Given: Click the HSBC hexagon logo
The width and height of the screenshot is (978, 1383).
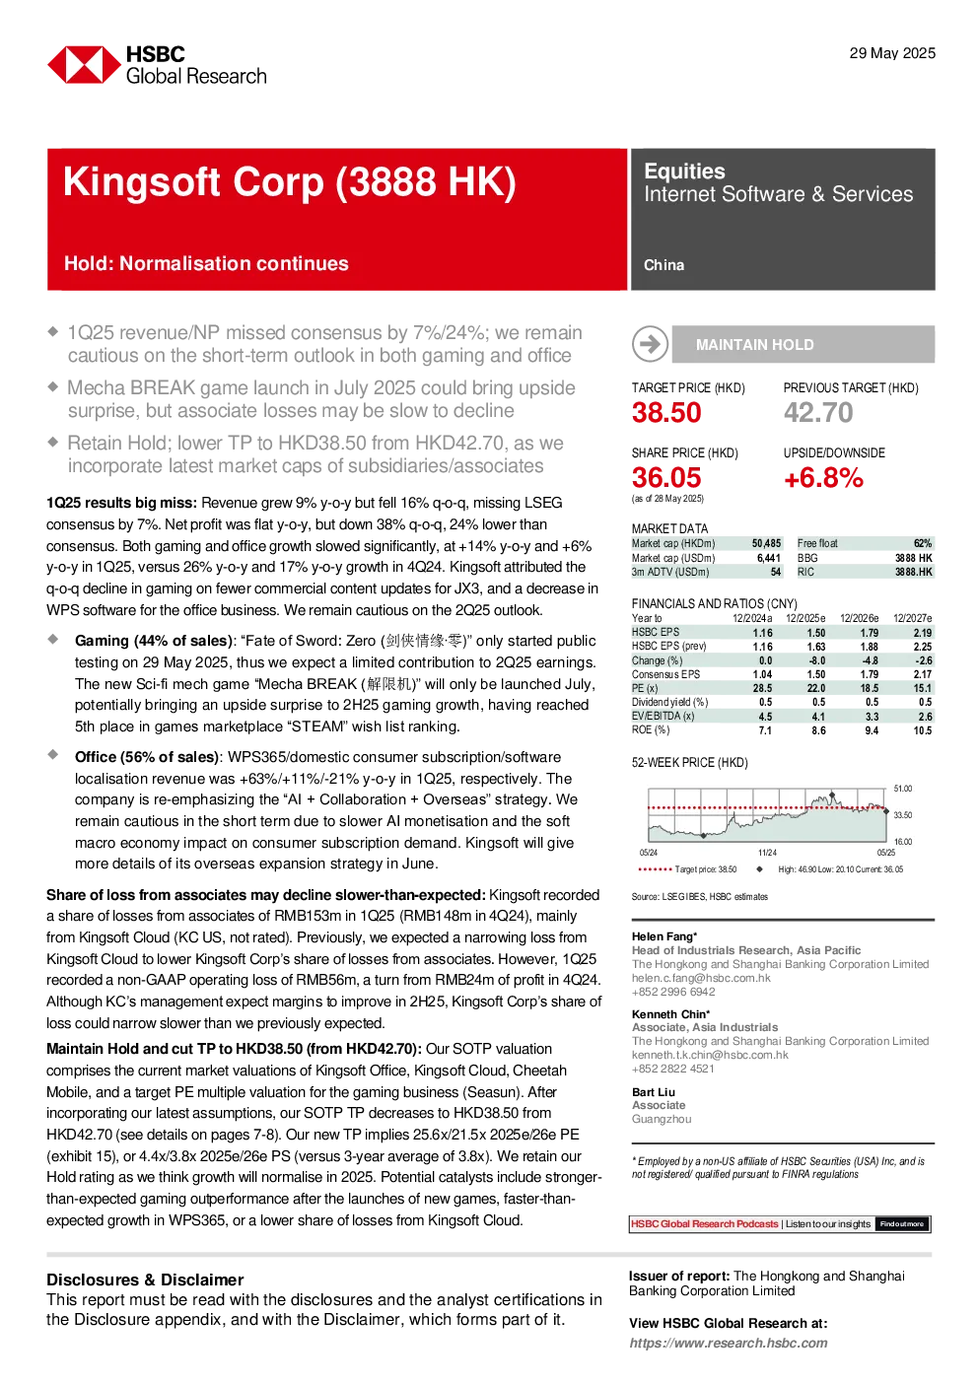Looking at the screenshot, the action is pyautogui.click(x=84, y=64).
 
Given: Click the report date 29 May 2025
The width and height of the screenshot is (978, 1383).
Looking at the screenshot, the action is pyautogui.click(x=892, y=53).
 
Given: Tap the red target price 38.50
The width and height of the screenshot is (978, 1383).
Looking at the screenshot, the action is pyautogui.click(x=666, y=412).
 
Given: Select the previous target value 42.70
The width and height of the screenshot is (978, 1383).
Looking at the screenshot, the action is pyautogui.click(x=818, y=412).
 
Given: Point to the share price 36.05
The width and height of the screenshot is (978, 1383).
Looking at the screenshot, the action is pyautogui.click(x=666, y=477).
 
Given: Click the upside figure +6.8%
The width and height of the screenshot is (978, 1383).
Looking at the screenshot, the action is pyautogui.click(x=823, y=477).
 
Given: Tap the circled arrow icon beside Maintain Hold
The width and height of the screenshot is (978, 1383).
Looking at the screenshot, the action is pyautogui.click(x=650, y=344).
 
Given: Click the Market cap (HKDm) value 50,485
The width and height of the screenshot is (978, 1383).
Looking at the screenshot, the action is pyautogui.click(x=766, y=543).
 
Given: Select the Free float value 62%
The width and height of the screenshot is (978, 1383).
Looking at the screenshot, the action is pyautogui.click(x=923, y=543).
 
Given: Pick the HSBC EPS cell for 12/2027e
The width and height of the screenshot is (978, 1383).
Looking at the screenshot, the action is pyautogui.click(x=923, y=633).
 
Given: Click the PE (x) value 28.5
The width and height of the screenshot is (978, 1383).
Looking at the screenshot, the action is pyautogui.click(x=762, y=688).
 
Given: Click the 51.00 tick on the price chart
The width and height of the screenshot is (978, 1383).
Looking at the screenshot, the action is pyautogui.click(x=903, y=789).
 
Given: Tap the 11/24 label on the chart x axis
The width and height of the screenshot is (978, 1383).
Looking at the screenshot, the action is pyautogui.click(x=767, y=853).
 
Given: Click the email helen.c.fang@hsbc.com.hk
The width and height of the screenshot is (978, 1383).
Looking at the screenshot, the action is pyautogui.click(x=701, y=978).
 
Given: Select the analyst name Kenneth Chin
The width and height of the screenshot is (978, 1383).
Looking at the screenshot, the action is pyautogui.click(x=668, y=1014).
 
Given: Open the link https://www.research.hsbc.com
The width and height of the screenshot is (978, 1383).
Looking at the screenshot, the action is pyautogui.click(x=729, y=1343).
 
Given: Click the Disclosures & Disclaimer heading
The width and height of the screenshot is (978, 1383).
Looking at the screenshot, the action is pyautogui.click(x=145, y=1279).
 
